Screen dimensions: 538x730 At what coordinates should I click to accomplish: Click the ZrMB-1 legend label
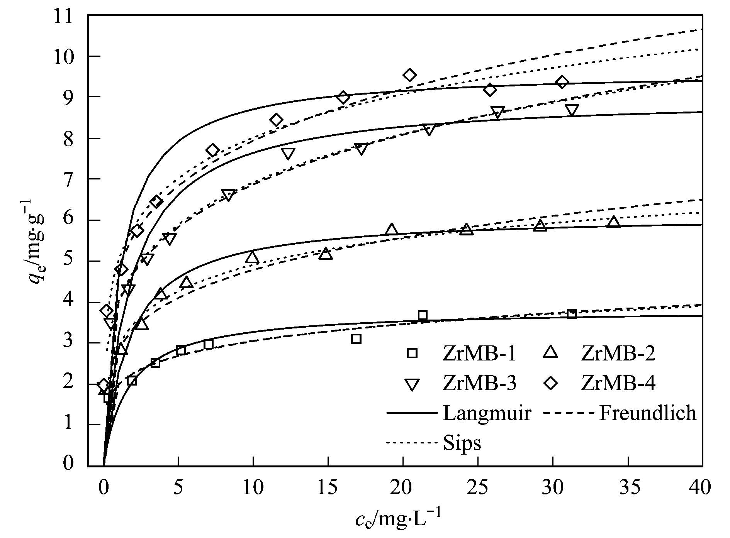(479, 354)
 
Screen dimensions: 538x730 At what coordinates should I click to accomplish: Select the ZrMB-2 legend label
(618, 354)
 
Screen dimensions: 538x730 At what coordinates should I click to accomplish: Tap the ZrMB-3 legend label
(479, 384)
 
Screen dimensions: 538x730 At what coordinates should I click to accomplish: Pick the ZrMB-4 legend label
(618, 384)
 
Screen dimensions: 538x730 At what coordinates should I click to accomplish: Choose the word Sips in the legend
(462, 443)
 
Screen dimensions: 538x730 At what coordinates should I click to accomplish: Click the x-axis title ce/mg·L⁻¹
(397, 519)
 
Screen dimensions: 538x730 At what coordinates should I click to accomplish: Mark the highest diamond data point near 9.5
(410, 75)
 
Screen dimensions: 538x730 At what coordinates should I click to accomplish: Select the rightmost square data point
(572, 314)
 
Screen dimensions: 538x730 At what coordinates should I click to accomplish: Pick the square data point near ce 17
(356, 339)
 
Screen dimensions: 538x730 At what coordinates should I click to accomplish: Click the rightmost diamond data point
(562, 82)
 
